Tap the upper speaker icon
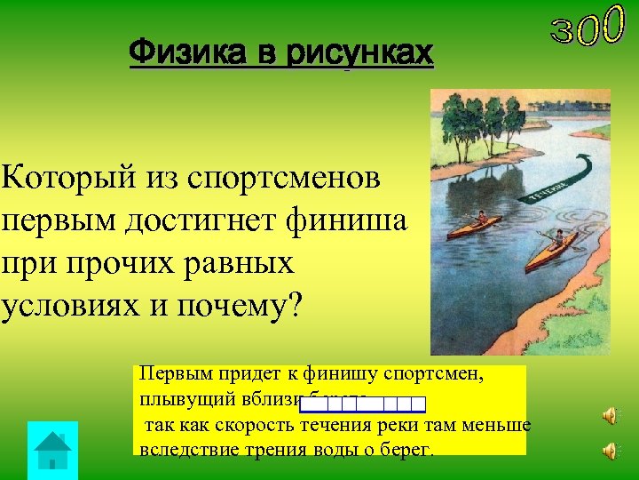[610, 416]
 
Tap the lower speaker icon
[610, 451]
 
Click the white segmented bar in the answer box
[363, 405]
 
